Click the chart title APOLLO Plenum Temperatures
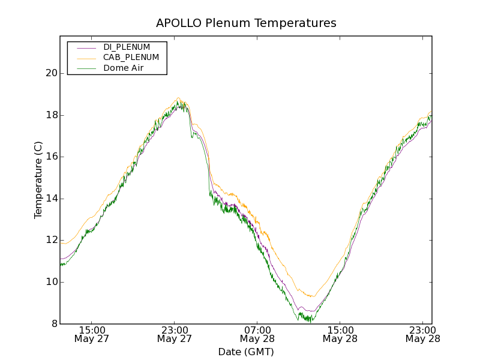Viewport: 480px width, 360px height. coord(246,23)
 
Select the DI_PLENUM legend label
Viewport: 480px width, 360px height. coord(127,47)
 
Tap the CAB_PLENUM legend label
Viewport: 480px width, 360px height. coord(131,58)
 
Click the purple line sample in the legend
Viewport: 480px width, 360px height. coord(86,47)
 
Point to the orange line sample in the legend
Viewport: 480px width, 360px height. coord(86,58)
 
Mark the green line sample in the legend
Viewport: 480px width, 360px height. coord(86,68)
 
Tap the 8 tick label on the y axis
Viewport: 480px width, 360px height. coord(54,324)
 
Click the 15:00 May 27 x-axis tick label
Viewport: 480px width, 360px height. coord(92,334)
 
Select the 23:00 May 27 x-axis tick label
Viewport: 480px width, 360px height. coord(175,334)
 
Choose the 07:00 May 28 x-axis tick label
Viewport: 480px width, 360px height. coord(257,334)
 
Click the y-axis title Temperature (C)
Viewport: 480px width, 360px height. coord(38,180)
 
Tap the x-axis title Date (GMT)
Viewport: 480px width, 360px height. coord(246,352)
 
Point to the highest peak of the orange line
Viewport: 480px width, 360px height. coord(178,98)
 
